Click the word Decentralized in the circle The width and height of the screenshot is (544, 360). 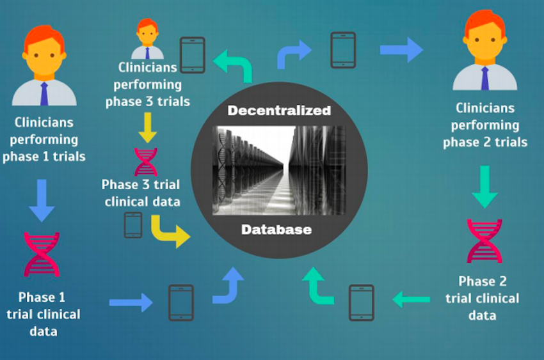click(279, 111)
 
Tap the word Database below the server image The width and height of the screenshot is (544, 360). click(276, 230)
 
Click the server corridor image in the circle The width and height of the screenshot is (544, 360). click(279, 170)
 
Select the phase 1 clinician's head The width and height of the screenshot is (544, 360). click(44, 51)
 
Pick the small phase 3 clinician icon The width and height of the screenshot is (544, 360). click(147, 39)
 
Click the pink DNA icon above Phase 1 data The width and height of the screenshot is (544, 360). click(42, 254)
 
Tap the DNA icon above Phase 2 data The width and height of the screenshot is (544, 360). click(484, 240)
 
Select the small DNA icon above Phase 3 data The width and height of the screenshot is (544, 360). click(146, 162)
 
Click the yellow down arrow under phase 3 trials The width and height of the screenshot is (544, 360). click(147, 128)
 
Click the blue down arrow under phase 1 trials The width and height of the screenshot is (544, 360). click(42, 200)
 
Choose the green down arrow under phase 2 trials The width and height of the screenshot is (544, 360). click(484, 187)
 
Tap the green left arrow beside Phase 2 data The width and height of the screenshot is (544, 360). click(411, 299)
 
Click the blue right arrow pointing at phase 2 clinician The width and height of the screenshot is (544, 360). click(401, 50)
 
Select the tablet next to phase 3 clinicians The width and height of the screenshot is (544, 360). click(193, 55)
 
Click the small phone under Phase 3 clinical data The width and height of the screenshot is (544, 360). click(133, 225)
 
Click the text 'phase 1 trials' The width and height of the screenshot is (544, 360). click(44, 157)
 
